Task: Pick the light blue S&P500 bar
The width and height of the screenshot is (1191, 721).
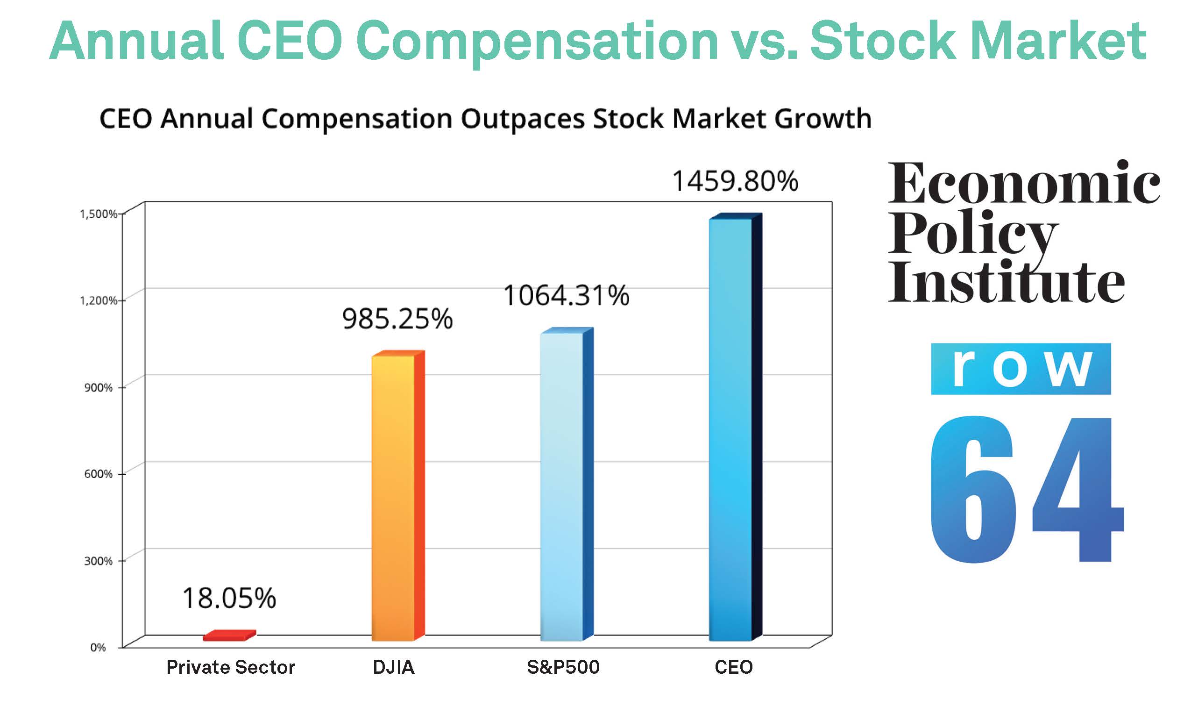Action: [x=562, y=486]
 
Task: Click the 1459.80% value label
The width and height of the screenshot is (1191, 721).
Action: [x=735, y=181]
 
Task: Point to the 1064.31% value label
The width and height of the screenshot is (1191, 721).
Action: [x=566, y=295]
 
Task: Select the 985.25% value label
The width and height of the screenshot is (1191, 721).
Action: [x=397, y=319]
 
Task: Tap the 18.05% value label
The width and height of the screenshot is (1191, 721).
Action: [x=229, y=598]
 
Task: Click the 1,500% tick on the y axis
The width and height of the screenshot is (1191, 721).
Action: [x=98, y=214]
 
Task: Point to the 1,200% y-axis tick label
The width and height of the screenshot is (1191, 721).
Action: [x=98, y=301]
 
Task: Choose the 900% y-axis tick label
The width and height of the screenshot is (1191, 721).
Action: [x=98, y=387]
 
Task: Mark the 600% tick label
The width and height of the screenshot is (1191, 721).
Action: [x=98, y=474]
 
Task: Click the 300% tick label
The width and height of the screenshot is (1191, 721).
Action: [x=98, y=561]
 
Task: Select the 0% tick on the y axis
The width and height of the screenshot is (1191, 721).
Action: [x=98, y=648]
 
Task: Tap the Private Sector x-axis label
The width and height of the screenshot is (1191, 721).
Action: [x=231, y=667]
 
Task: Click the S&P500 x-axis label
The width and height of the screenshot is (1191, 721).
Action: [x=563, y=667]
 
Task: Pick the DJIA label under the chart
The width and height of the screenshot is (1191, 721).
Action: [x=393, y=667]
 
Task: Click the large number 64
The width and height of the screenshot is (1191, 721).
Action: [x=1025, y=488]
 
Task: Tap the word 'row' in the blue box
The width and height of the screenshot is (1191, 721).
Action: [x=1021, y=369]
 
